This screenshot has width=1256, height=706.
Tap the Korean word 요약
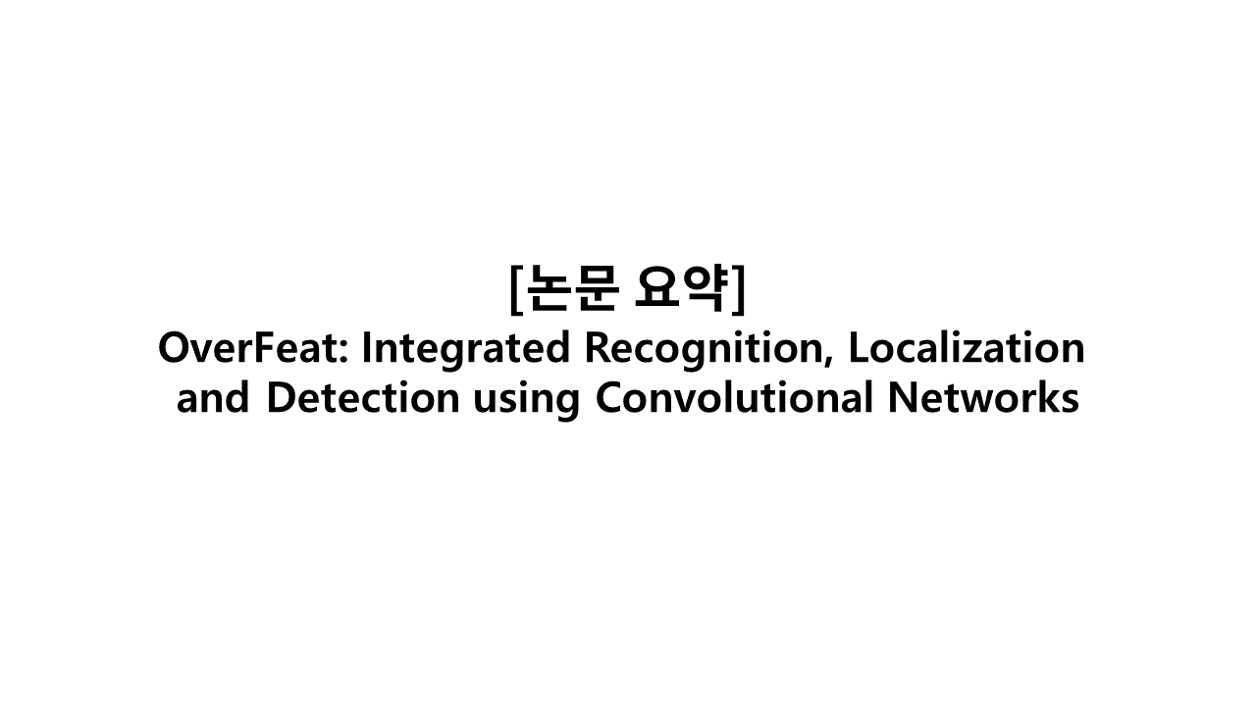(681, 287)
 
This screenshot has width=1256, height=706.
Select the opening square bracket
(516, 288)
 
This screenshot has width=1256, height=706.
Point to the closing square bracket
(739, 288)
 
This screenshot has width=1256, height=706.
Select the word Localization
(967, 348)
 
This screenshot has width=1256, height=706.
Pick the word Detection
(362, 399)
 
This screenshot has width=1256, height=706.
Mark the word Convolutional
(734, 399)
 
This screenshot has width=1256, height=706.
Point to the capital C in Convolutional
(608, 399)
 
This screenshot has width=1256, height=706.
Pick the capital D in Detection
(281, 399)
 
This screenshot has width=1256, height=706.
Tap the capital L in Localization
(857, 348)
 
